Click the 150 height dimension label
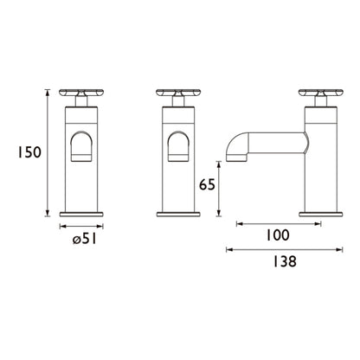[29, 152]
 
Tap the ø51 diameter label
[84, 239]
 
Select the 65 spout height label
[207, 185]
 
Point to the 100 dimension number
[277, 235]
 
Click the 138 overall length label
[285, 262]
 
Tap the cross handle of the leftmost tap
[81, 93]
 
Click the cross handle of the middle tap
[178, 93]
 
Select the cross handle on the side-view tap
[321, 93]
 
